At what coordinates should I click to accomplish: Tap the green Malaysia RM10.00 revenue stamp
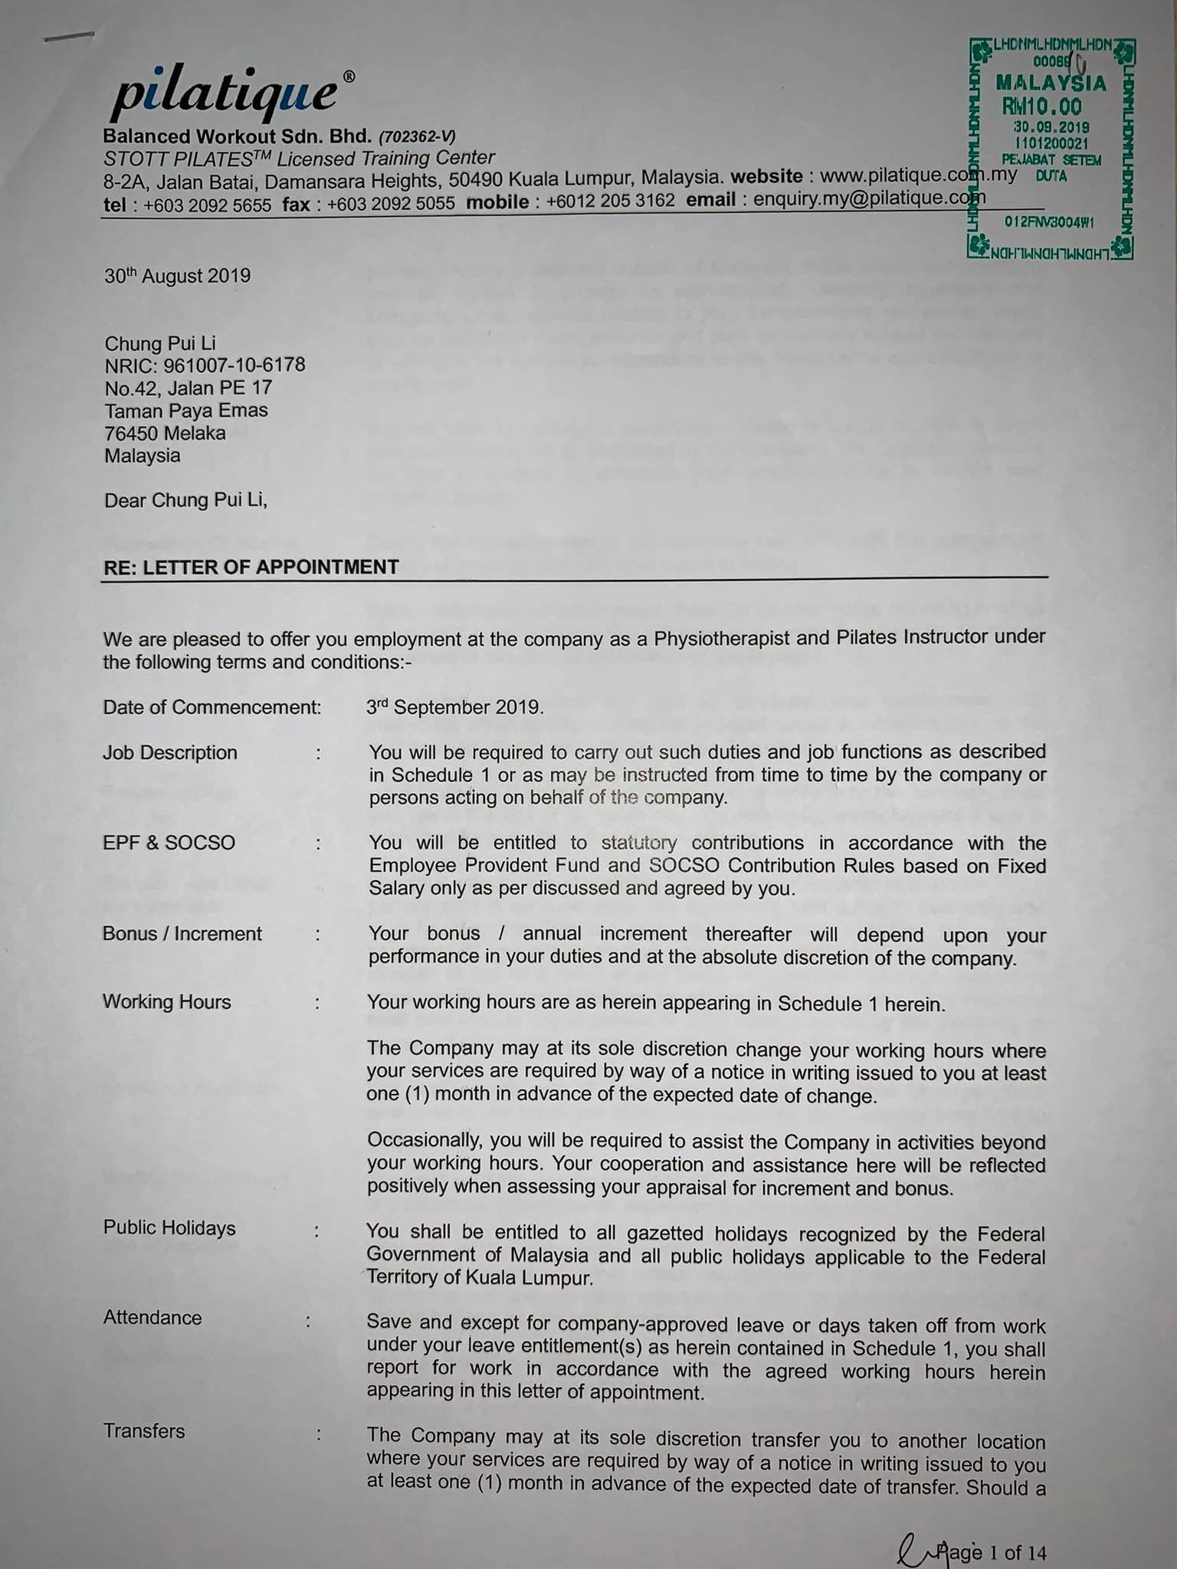tap(1051, 147)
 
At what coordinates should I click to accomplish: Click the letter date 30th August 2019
tap(177, 276)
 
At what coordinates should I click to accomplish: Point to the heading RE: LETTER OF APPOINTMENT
tap(251, 567)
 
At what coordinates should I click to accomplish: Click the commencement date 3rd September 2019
tap(455, 707)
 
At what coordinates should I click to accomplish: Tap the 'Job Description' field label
tap(170, 752)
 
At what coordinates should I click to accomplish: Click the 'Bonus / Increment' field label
tap(182, 934)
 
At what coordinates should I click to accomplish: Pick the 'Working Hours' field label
tap(166, 1002)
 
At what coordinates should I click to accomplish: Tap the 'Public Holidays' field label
tap(169, 1228)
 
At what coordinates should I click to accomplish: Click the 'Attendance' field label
tap(152, 1318)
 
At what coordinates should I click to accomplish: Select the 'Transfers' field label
tap(144, 1431)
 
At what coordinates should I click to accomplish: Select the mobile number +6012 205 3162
tap(611, 201)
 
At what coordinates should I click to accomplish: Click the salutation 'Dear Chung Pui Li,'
tap(185, 500)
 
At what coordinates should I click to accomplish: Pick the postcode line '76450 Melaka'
tap(165, 433)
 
